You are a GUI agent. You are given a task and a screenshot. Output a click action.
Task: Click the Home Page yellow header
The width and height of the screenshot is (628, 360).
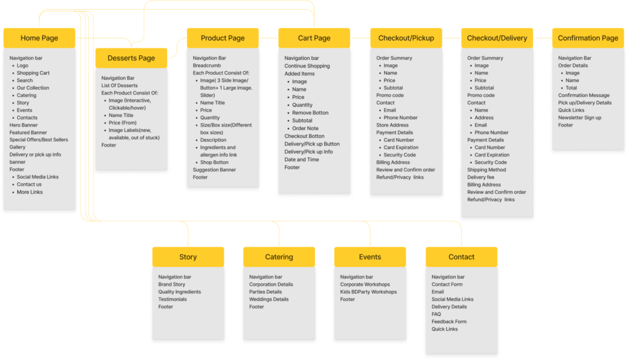pos(39,38)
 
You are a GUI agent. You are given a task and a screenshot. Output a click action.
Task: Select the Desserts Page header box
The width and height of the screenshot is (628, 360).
pos(131,58)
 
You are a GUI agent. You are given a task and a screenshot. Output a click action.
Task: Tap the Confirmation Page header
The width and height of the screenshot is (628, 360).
pos(588,38)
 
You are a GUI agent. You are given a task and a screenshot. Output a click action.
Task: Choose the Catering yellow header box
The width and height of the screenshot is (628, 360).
pos(279,257)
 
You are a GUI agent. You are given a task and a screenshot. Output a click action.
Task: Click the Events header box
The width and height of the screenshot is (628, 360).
pos(370,257)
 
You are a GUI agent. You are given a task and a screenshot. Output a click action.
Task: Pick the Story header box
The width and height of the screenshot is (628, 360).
pos(188,257)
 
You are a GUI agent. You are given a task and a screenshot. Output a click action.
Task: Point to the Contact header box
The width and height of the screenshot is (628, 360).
pos(461,257)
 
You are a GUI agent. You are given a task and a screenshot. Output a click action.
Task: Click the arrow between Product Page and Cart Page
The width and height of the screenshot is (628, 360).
pos(268,38)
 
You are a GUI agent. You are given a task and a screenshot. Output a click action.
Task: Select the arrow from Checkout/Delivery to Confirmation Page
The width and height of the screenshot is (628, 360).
pos(543,38)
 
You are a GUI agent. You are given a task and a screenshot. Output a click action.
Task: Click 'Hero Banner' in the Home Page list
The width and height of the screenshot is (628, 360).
pos(23,125)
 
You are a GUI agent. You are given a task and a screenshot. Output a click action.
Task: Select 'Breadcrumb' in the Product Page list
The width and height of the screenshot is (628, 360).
pos(207,66)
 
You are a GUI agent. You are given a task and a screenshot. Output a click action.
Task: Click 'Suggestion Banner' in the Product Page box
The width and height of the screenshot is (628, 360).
pos(214,170)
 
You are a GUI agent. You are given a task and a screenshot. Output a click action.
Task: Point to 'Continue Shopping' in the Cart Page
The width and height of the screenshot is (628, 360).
pos(307,66)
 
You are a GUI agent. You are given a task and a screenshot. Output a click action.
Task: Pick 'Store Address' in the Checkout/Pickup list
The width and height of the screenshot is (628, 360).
pos(392,125)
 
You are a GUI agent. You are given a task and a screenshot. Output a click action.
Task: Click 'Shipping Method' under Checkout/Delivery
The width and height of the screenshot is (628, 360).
pos(486,170)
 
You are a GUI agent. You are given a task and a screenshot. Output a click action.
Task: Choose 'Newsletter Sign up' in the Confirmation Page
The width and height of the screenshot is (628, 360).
pos(580,118)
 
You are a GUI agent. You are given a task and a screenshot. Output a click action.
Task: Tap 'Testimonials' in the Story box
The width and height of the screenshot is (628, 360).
pos(172,299)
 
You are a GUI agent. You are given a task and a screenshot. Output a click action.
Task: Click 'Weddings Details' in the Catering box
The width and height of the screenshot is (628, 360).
pos(269,299)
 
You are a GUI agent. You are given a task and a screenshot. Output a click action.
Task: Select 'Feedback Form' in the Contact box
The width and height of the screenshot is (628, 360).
pos(449,321)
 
